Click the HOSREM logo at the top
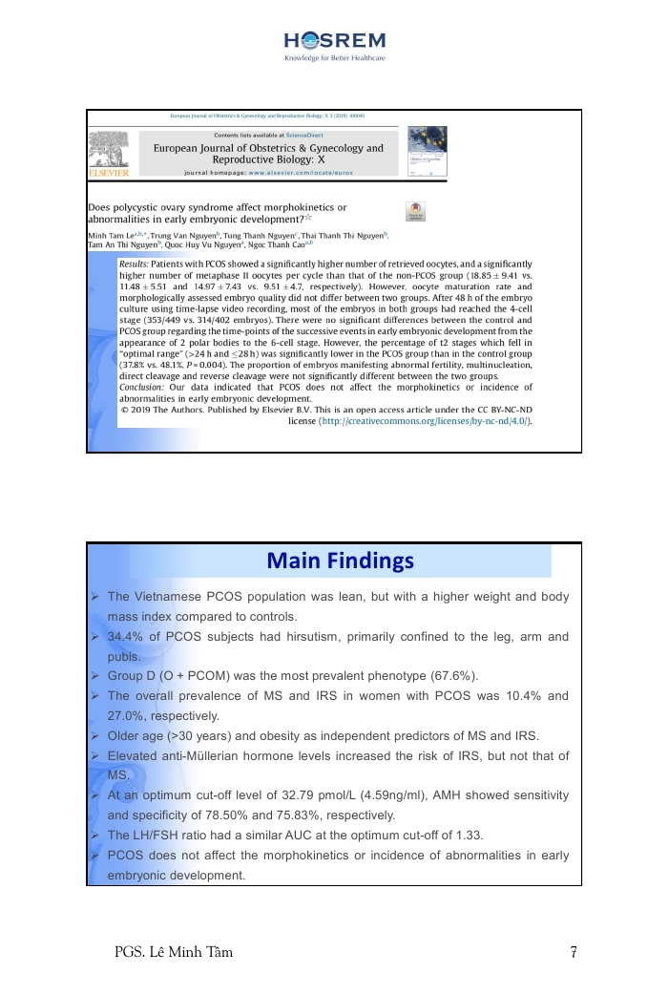click(334, 40)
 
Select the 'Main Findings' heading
click(341, 561)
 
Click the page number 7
click(573, 951)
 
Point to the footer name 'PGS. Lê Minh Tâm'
click(172, 951)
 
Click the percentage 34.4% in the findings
click(124, 637)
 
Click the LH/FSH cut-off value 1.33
click(468, 836)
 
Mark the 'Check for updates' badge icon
click(415, 212)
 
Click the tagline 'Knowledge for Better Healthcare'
click(334, 58)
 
